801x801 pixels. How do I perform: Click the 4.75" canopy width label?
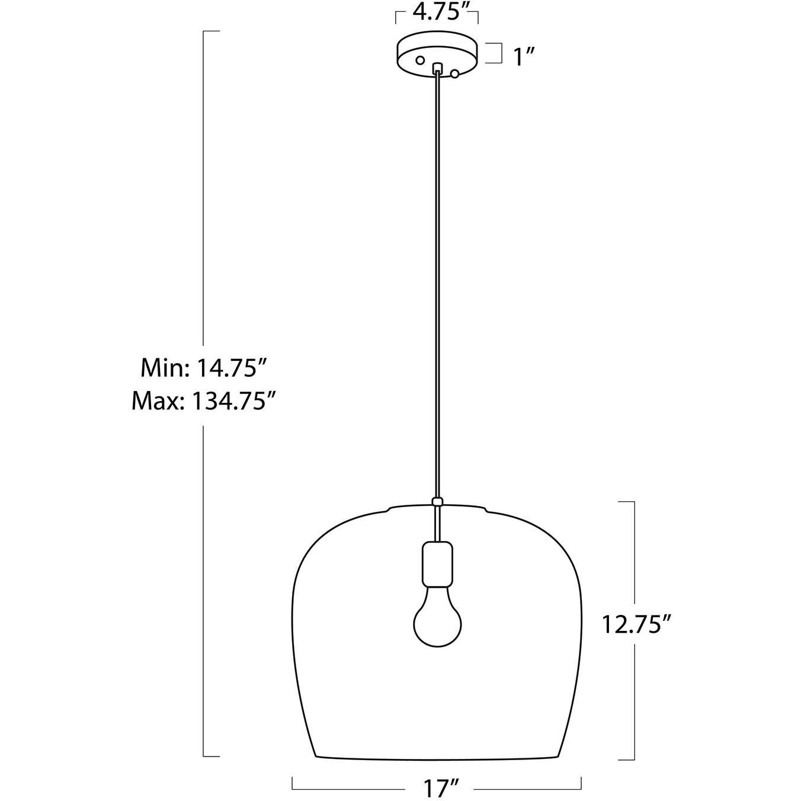[437, 12]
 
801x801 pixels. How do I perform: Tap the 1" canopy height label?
[524, 57]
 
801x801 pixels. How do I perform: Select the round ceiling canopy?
[437, 55]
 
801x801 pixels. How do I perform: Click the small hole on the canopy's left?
[420, 60]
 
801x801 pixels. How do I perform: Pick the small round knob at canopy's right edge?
[455, 74]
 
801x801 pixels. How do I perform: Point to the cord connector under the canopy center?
[438, 68]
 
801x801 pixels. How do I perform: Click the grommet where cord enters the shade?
[438, 502]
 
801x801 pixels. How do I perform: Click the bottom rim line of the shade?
[437, 759]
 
